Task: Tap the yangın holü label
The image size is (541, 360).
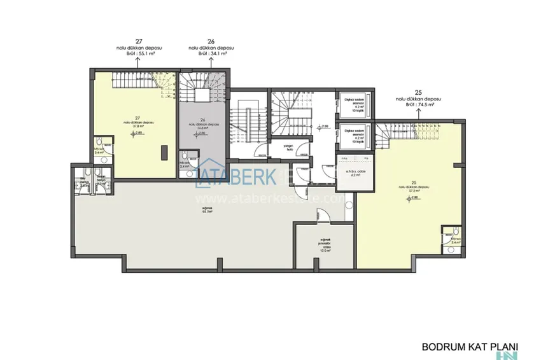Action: coord(279,148)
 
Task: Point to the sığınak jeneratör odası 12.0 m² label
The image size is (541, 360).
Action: coord(326,246)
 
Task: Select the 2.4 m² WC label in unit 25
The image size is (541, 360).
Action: coord(455,242)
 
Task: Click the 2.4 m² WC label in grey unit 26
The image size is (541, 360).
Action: coord(185,165)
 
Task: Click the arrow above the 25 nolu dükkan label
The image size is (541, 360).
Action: coord(418,113)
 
